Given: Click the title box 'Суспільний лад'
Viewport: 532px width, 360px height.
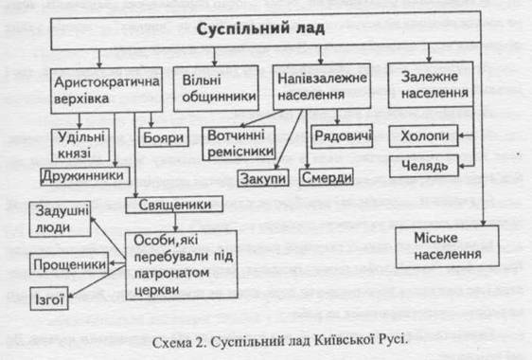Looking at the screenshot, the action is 266,30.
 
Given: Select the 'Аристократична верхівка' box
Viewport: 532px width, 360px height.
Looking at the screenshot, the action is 107,90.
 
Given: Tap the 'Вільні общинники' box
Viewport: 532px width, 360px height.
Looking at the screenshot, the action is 216,89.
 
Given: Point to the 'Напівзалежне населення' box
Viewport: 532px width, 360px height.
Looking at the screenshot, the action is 322,86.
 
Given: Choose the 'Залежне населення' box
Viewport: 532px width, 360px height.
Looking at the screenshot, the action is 431,85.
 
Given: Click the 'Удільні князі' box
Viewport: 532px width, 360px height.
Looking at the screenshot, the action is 80,145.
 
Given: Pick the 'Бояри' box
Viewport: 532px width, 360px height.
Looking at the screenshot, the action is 164,137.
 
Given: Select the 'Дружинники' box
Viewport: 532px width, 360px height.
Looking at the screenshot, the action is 85,176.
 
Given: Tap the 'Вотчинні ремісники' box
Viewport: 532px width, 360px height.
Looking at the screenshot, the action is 239,143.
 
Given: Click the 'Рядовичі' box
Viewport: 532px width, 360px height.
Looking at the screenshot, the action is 342,136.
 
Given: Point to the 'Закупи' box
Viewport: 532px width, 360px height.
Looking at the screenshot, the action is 263,178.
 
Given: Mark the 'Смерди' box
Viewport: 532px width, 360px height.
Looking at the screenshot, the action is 327,177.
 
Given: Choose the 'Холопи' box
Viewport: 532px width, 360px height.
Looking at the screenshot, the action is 424,135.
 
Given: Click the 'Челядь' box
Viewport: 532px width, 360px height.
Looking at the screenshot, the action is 424,166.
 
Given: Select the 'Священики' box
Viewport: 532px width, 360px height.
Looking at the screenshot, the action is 174,205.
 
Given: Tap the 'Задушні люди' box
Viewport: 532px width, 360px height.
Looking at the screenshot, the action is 60,219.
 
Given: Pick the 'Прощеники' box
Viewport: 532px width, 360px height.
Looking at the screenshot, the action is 69,263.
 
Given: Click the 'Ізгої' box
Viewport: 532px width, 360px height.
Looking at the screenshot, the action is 49,298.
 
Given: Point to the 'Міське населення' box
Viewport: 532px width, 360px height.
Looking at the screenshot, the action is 447,247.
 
